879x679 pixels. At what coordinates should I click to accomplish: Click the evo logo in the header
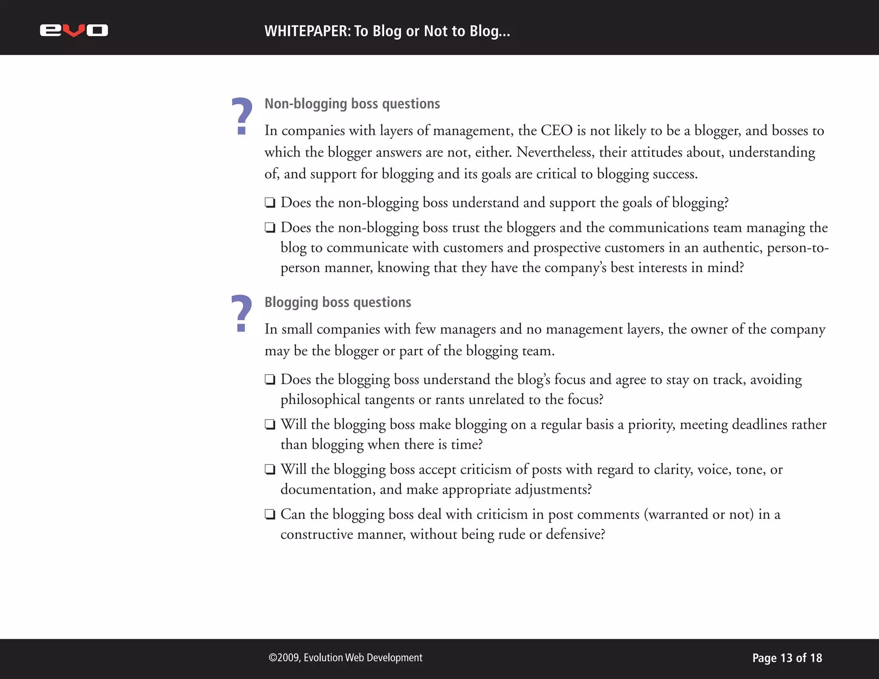74,30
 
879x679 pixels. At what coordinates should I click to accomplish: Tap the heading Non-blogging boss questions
352,104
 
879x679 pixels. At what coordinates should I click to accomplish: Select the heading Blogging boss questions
337,302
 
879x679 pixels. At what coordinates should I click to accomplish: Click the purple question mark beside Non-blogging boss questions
242,116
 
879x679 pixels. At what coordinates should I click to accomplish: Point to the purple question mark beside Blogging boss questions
241,314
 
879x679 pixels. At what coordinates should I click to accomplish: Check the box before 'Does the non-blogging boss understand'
270,203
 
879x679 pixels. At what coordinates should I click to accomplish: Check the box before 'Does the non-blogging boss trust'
270,227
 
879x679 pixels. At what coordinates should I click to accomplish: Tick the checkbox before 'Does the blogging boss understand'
270,379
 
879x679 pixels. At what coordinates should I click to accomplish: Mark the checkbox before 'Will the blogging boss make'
270,424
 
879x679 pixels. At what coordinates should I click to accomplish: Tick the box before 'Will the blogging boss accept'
270,469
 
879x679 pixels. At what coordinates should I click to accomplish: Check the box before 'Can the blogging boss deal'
270,514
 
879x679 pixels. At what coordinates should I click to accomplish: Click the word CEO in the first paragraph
556,130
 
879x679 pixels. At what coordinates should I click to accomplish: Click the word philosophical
320,400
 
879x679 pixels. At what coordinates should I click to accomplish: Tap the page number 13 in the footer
786,658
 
